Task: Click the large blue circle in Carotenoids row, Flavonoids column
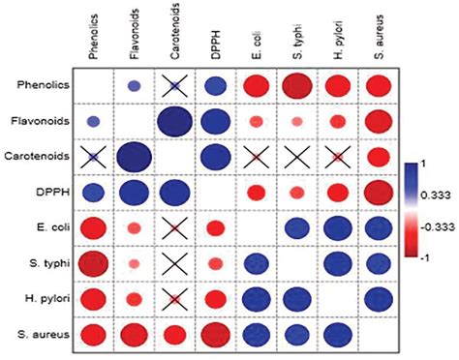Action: click(134, 157)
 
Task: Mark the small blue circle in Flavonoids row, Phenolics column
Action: click(93, 122)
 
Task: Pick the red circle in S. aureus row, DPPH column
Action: click(219, 335)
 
